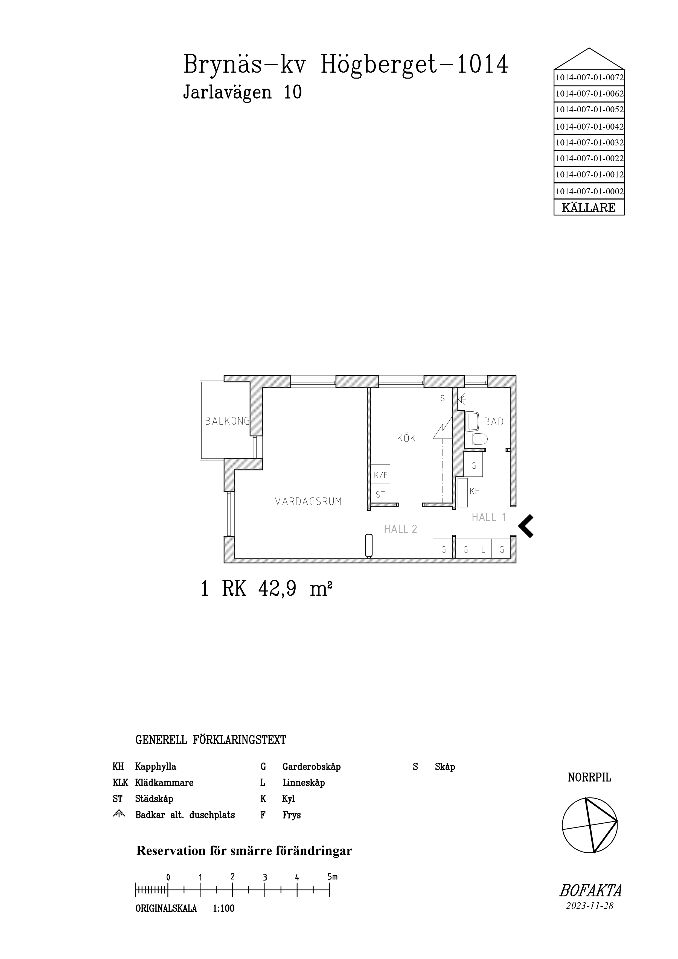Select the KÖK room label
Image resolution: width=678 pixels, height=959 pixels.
click(x=406, y=438)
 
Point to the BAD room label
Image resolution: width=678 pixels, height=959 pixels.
click(x=494, y=422)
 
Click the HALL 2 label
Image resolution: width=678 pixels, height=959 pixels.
click(x=401, y=529)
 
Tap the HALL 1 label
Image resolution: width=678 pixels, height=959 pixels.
click(x=489, y=517)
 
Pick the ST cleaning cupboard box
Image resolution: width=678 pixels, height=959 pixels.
click(x=380, y=494)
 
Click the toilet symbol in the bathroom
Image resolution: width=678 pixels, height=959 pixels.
click(x=477, y=439)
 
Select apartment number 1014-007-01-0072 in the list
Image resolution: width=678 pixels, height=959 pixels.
click(x=589, y=77)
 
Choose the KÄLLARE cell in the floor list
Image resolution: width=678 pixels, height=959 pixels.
click(x=589, y=207)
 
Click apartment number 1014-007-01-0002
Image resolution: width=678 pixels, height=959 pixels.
click(x=589, y=192)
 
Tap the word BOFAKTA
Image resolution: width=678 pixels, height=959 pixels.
click(x=590, y=891)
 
